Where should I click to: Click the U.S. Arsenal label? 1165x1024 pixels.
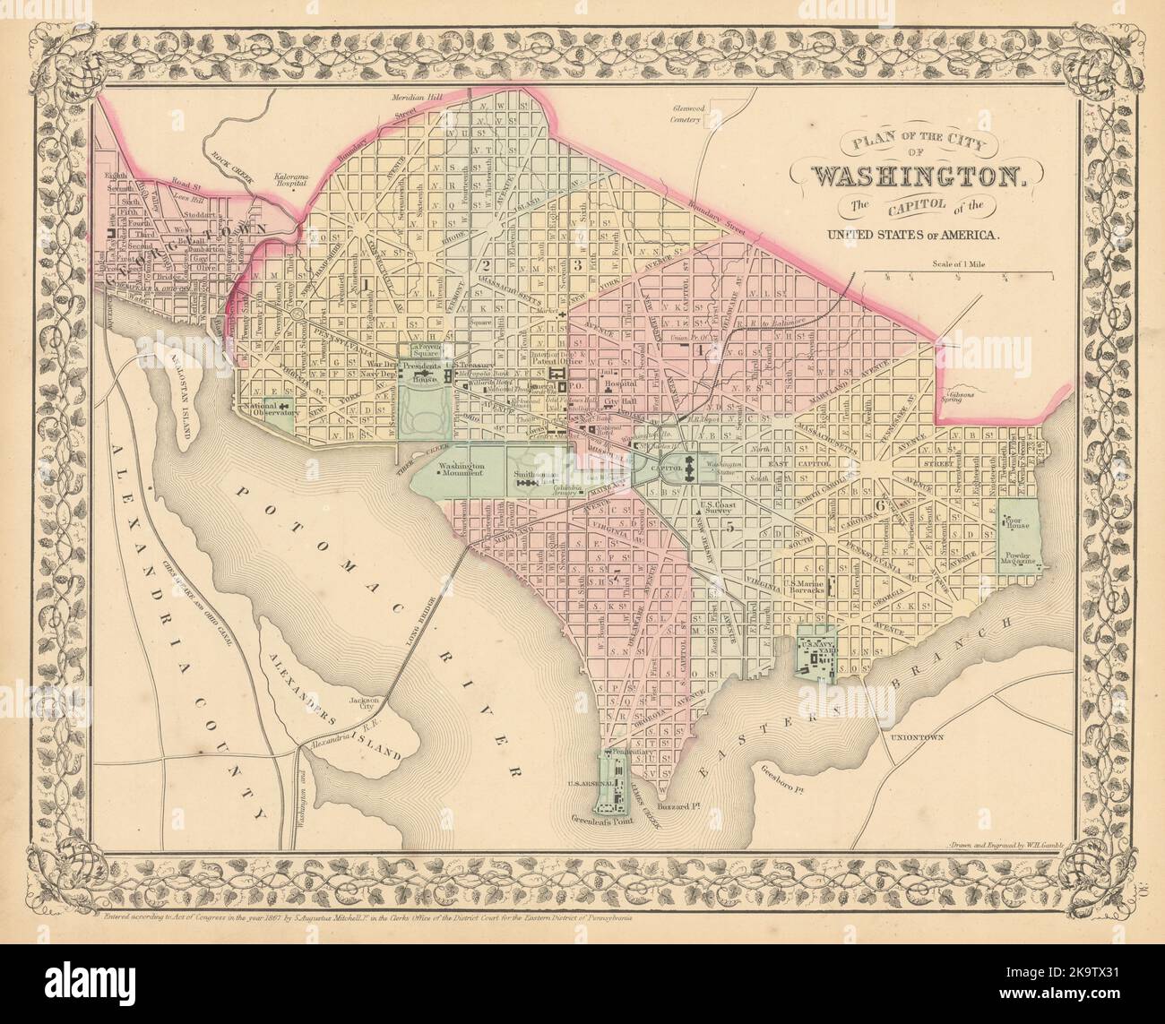tap(588, 783)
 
